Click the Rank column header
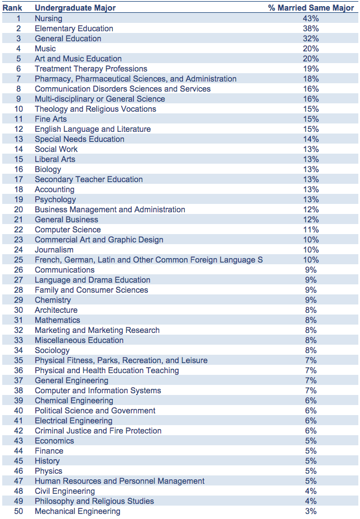pyautogui.click(x=12, y=8)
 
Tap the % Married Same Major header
pyautogui.click(x=311, y=8)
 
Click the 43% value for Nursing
pyautogui.click(x=311, y=18)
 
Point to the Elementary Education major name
pyautogui.click(x=74, y=28)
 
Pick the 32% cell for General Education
pyautogui.click(x=311, y=39)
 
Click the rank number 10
pyautogui.click(x=18, y=109)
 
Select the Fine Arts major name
pyautogui.click(x=51, y=119)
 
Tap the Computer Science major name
pyautogui.click(x=68, y=230)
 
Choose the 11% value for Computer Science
pyautogui.click(x=311, y=230)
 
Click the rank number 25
pyautogui.click(x=18, y=260)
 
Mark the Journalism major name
pyautogui.click(x=54, y=250)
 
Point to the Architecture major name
pyautogui.click(x=56, y=310)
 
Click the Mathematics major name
pyautogui.click(x=57, y=320)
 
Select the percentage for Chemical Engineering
pyautogui.click(x=311, y=401)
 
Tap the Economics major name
pyautogui.click(x=54, y=441)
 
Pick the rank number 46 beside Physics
pyautogui.click(x=18, y=471)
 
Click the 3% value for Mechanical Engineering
pyautogui.click(x=311, y=511)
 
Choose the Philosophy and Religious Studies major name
pyautogui.click(x=94, y=501)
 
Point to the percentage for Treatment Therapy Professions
pyautogui.click(x=311, y=69)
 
